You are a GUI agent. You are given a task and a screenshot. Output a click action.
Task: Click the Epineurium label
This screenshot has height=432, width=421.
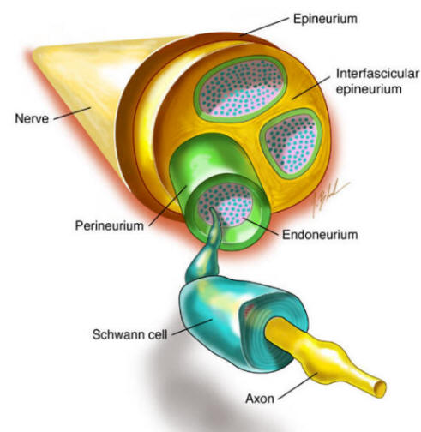[x=325, y=20]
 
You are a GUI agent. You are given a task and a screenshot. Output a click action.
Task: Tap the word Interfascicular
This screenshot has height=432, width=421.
[x=377, y=74]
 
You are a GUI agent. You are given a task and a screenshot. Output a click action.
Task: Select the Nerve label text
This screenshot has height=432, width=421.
[x=32, y=118]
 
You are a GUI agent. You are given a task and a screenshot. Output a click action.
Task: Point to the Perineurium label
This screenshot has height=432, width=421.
[x=110, y=225]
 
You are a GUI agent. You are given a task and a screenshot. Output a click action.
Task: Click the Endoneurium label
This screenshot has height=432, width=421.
[x=320, y=235]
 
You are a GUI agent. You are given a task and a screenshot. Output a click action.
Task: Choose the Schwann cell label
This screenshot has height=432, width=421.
[x=129, y=334]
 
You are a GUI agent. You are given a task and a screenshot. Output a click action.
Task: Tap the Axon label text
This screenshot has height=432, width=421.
[x=260, y=399]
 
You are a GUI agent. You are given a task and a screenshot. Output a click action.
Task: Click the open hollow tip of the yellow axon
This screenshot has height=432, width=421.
[x=380, y=388]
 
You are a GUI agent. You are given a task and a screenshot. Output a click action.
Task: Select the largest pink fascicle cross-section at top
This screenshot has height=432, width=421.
[x=242, y=88]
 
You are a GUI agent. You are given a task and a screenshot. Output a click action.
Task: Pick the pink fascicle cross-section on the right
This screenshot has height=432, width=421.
[x=292, y=143]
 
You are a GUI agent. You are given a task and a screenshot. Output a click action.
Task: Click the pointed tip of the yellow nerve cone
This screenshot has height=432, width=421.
[x=34, y=53]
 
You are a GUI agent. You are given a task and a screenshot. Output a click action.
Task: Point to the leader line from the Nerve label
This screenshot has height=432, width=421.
[x=72, y=113]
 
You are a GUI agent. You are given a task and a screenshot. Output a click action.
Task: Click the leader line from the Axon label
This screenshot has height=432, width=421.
[x=298, y=386]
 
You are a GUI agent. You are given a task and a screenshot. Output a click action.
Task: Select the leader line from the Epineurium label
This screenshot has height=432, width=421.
[x=264, y=27]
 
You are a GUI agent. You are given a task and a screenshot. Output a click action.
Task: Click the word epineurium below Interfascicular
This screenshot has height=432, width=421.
[x=369, y=89]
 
